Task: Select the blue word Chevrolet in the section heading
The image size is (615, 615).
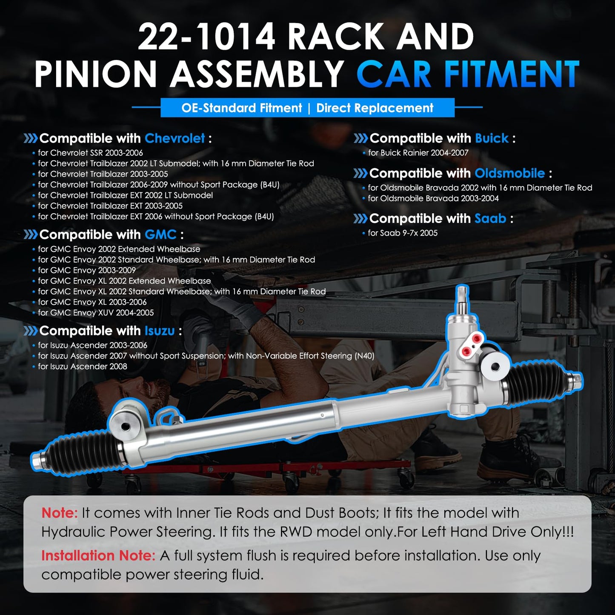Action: coord(174,138)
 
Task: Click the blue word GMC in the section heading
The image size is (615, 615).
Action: coord(160,235)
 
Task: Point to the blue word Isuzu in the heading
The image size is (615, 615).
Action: coord(160,331)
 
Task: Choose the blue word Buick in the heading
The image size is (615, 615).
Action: coord(492,138)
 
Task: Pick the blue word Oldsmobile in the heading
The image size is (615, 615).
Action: coord(510,173)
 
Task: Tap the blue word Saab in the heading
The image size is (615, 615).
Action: coord(490,218)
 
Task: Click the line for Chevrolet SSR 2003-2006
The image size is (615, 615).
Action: coord(90,153)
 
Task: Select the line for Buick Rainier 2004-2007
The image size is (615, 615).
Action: coord(418,153)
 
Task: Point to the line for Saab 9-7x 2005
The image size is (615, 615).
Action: coord(403,233)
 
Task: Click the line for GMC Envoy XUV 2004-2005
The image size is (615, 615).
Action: coord(96,313)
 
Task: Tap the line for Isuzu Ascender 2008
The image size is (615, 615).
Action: coord(82,366)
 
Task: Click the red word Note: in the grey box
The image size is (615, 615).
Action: coord(60,513)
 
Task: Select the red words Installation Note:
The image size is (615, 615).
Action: coord(98,556)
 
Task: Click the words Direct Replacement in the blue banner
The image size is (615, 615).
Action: coord(375,108)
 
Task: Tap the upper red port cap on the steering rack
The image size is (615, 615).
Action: coord(477,338)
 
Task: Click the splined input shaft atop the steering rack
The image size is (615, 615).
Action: coord(462,300)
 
